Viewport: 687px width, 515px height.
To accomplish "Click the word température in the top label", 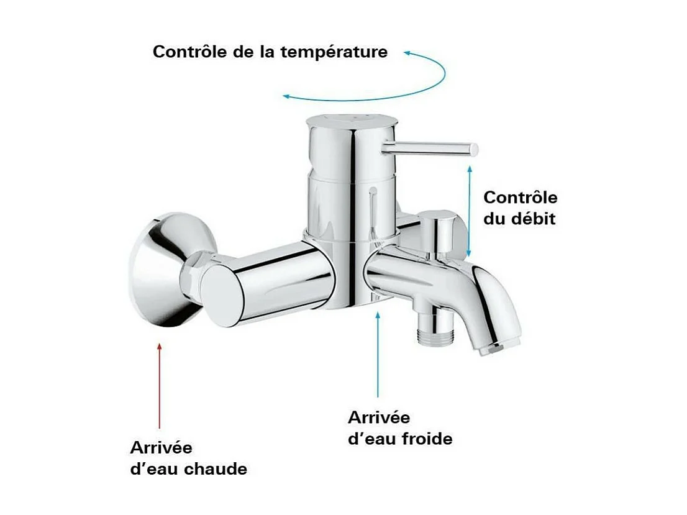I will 334,52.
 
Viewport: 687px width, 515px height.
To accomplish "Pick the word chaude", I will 216,469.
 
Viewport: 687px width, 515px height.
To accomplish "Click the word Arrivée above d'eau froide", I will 379,417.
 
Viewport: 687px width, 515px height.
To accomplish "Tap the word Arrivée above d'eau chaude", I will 161,447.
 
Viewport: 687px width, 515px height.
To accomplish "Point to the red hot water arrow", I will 160,385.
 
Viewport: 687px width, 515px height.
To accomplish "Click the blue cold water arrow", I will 378,354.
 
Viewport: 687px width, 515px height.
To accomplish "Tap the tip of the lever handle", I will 474,149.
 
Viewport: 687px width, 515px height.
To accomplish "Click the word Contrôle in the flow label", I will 521,198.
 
